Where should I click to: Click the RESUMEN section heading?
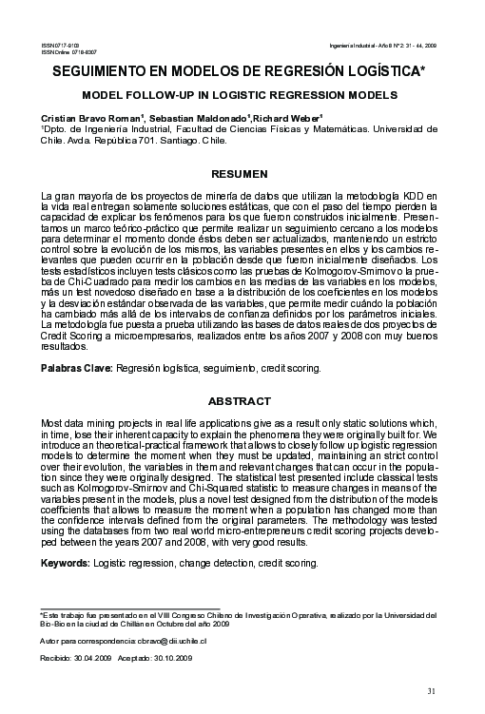[242, 175]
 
